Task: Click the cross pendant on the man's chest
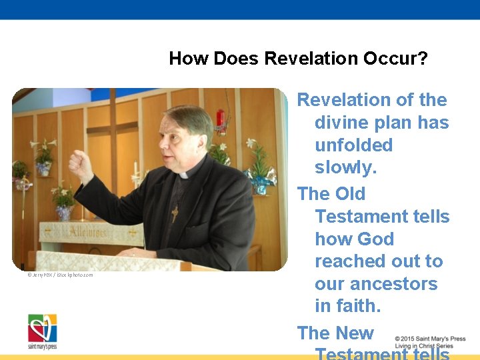(x=175, y=213)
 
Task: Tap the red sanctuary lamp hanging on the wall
(x=221, y=122)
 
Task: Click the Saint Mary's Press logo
(x=42, y=331)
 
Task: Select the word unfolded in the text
(x=353, y=145)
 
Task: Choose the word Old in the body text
(x=350, y=194)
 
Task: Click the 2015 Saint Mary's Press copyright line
(x=430, y=339)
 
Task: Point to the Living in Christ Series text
(x=423, y=346)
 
